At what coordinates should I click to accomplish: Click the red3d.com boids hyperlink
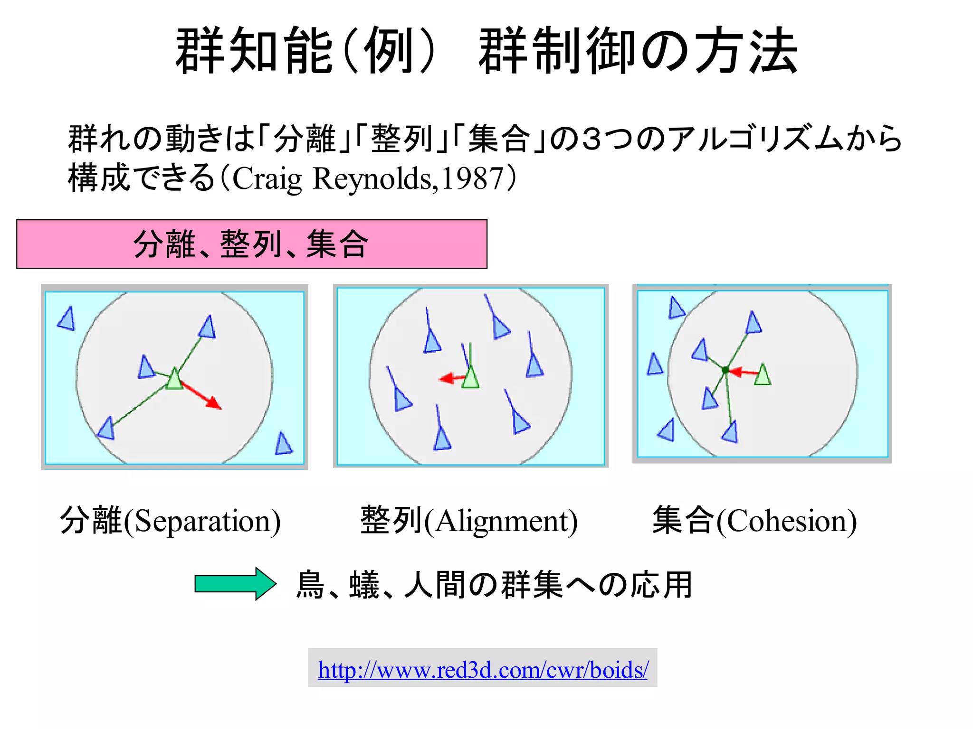[482, 670]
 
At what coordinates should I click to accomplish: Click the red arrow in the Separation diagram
[201, 394]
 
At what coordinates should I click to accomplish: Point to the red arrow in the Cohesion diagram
[742, 372]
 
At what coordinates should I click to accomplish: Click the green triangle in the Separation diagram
[174, 380]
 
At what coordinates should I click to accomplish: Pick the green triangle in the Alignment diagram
[470, 378]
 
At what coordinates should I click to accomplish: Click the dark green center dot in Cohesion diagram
[725, 370]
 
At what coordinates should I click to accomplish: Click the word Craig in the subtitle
[267, 179]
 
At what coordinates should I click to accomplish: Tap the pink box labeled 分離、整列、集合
[251, 244]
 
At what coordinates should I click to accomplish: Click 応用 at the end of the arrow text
[661, 585]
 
